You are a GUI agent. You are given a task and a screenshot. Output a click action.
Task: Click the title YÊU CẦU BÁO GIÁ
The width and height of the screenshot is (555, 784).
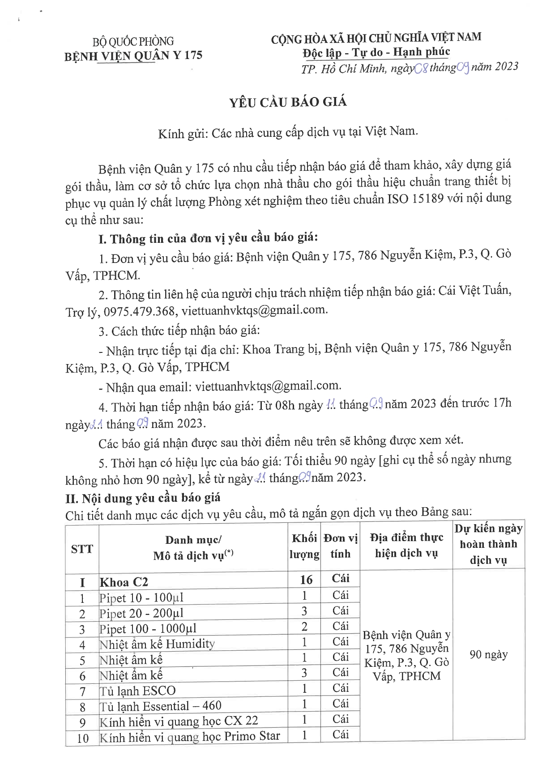click(x=288, y=102)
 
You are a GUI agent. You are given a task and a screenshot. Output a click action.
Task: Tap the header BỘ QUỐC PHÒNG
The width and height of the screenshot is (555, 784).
click(x=133, y=42)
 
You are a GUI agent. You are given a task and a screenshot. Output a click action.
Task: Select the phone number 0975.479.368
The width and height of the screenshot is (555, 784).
click(x=139, y=311)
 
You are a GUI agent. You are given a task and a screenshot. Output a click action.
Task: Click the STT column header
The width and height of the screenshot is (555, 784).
click(x=82, y=549)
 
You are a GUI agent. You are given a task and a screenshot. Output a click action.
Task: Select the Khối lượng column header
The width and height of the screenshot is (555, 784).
click(x=304, y=546)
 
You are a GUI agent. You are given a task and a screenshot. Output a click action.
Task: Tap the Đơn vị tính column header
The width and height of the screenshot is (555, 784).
click(x=341, y=546)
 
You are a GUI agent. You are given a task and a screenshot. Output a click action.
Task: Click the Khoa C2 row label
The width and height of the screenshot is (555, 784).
click(x=124, y=582)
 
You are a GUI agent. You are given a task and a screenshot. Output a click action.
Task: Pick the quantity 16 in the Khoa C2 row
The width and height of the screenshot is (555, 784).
click(x=306, y=580)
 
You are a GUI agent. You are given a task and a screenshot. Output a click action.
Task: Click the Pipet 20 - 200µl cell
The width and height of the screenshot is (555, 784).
click(x=141, y=613)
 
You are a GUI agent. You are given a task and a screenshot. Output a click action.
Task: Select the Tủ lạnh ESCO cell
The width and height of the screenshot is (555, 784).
click(x=137, y=691)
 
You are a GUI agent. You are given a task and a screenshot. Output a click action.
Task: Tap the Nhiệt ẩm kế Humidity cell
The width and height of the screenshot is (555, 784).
click(x=157, y=644)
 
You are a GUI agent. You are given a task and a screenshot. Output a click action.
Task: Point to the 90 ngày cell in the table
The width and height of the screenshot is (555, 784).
click(x=488, y=655)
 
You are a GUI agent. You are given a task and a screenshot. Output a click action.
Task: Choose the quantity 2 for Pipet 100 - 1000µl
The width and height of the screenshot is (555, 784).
click(x=304, y=627)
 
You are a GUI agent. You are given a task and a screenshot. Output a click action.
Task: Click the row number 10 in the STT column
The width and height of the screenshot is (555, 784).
click(x=82, y=738)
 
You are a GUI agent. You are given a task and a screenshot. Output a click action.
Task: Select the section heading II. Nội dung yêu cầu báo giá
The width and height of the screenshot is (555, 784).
click(x=143, y=498)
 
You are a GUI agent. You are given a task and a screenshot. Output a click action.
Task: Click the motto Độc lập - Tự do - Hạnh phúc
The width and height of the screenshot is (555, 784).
click(x=376, y=52)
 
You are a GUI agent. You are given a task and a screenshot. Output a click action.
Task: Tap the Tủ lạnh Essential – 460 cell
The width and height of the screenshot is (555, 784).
click(x=160, y=706)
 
